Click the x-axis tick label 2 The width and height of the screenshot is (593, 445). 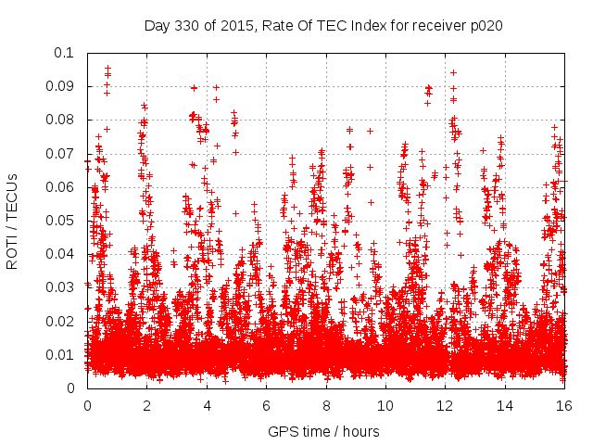pyautogui.click(x=146, y=406)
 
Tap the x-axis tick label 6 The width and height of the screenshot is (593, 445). pyautogui.click(x=266, y=406)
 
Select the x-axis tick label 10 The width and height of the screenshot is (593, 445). pyautogui.click(x=385, y=406)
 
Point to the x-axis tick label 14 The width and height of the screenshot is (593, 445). pyautogui.click(x=505, y=406)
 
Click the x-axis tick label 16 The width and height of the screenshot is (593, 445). pyautogui.click(x=564, y=406)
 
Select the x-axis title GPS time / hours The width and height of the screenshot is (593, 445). pyautogui.click(x=323, y=431)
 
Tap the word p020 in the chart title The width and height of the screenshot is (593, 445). pyautogui.click(x=486, y=25)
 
